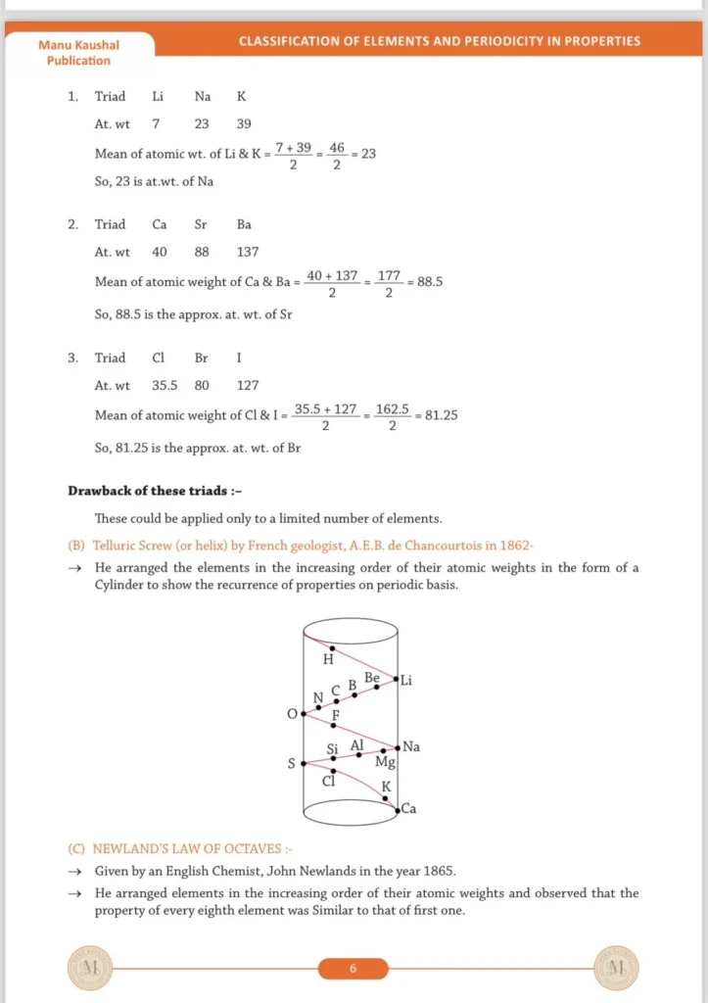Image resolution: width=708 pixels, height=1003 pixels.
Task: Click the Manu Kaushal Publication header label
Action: (78, 53)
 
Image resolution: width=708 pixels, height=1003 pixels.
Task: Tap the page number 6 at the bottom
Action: (353, 969)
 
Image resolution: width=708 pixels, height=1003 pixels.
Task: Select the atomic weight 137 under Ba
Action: (248, 252)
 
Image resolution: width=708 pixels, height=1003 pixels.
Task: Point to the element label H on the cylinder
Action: (328, 659)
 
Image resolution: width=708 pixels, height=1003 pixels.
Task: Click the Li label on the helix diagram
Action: (405, 680)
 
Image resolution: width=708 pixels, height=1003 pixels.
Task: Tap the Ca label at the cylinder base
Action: (409, 809)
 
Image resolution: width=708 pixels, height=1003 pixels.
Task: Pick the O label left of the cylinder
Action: (291, 714)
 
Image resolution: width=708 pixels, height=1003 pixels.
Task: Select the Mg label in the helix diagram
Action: (385, 762)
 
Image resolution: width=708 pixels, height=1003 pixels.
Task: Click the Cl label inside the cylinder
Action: (329, 781)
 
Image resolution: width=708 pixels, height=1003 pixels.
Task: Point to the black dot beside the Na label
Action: (397, 746)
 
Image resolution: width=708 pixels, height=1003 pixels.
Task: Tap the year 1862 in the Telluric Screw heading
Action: (511, 546)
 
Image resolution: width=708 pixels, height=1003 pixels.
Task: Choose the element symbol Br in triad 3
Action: (202, 358)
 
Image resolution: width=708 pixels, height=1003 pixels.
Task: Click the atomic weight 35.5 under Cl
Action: (165, 386)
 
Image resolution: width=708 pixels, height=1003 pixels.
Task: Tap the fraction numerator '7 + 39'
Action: (293, 147)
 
